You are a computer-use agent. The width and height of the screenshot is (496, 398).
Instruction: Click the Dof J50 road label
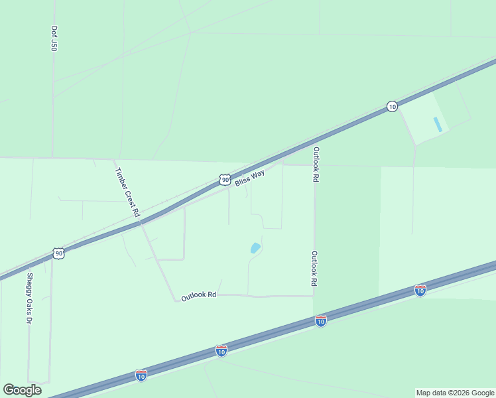point(54,39)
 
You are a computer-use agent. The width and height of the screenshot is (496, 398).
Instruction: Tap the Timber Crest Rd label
point(127,192)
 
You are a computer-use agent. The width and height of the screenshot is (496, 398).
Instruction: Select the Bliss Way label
point(249,178)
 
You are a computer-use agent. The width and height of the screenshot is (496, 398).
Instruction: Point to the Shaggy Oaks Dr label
point(29,298)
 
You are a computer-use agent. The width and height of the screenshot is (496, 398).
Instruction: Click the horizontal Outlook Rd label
point(199,296)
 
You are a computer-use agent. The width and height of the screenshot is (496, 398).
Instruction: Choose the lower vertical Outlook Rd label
point(314,269)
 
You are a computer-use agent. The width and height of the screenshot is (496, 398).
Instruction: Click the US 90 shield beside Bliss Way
point(225,180)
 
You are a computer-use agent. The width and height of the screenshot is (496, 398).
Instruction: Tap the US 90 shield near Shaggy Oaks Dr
point(59,253)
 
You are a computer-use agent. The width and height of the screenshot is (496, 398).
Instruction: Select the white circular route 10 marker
point(392,106)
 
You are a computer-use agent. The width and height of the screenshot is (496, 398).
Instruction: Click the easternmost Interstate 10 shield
point(420,290)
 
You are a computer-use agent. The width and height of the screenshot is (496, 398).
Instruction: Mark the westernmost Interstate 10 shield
point(141,375)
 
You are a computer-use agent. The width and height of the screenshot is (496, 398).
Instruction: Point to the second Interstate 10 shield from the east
point(320,321)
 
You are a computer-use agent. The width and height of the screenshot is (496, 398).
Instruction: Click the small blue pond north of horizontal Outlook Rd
point(255,248)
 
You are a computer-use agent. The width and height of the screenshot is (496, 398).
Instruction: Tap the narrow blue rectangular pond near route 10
point(436,124)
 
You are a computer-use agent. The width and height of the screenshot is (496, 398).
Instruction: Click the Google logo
point(22,390)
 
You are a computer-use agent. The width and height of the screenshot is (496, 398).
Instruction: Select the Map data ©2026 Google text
point(455,393)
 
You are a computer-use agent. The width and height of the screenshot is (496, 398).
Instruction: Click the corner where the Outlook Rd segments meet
point(314,296)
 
